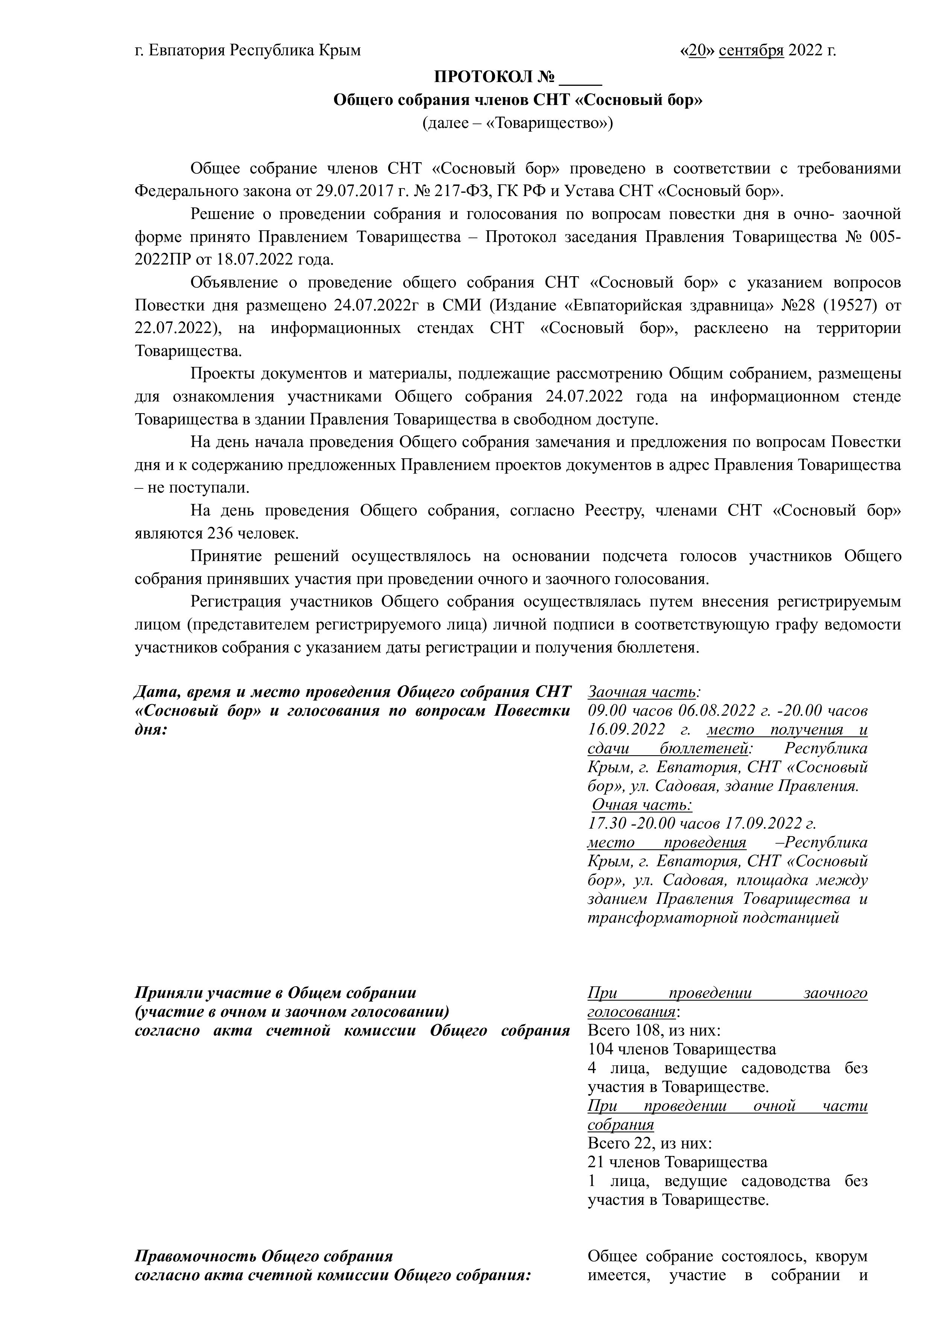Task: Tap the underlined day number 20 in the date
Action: click(x=697, y=50)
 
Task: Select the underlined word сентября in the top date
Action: click(x=751, y=50)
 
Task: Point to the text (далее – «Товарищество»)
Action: click(x=517, y=123)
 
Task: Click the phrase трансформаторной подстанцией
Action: click(x=713, y=917)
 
